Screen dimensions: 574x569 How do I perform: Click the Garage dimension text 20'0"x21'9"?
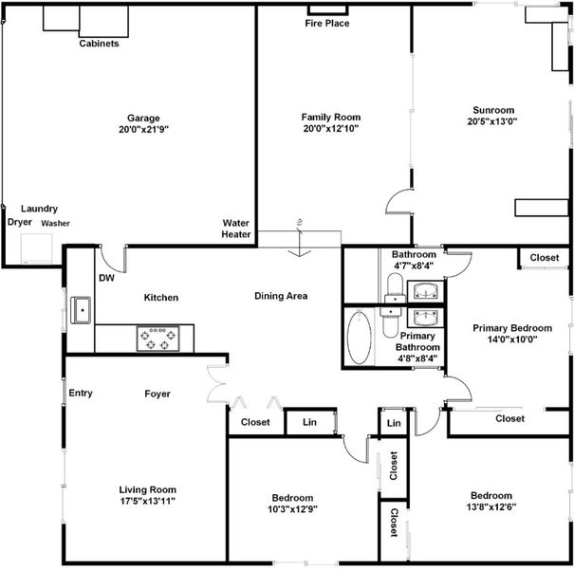click(x=143, y=129)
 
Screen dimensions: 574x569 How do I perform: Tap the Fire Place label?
click(x=327, y=24)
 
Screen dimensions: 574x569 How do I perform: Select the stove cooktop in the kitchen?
click(x=157, y=339)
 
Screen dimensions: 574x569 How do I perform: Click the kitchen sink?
click(x=81, y=310)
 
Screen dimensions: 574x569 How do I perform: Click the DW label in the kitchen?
click(x=106, y=278)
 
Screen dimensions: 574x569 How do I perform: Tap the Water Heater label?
click(x=236, y=229)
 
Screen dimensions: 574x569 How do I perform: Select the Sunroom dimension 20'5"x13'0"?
click(x=492, y=121)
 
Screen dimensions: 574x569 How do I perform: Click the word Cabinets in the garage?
click(x=99, y=44)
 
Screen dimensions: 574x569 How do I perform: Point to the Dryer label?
click(x=20, y=222)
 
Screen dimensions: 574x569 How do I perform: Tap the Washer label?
click(x=55, y=223)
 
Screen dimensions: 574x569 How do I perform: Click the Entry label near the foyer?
click(x=81, y=393)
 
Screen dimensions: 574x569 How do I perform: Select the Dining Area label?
click(x=281, y=296)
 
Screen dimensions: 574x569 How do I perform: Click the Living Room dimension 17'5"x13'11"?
click(x=147, y=501)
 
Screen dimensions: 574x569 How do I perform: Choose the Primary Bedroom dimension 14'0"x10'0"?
click(x=512, y=340)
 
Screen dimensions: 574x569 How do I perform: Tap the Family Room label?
click(x=331, y=117)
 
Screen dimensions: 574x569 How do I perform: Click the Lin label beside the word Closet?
click(x=309, y=422)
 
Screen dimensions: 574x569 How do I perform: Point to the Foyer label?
click(x=157, y=394)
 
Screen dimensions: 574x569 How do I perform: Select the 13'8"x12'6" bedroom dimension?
click(x=491, y=507)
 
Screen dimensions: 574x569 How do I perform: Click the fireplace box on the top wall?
click(x=328, y=9)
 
